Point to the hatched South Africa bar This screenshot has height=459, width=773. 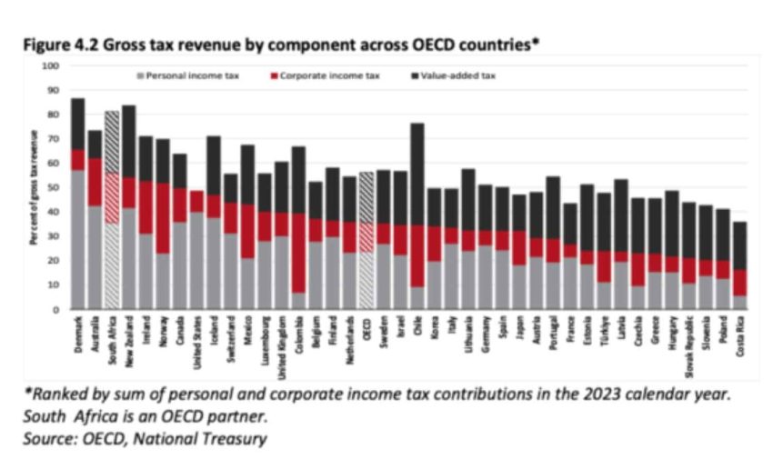click(112, 209)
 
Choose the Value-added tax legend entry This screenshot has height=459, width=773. click(459, 76)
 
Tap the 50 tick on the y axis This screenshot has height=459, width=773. click(52, 187)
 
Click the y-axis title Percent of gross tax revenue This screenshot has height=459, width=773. click(34, 186)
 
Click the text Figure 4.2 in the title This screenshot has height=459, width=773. click(56, 44)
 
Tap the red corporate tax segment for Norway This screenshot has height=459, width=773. click(163, 218)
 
